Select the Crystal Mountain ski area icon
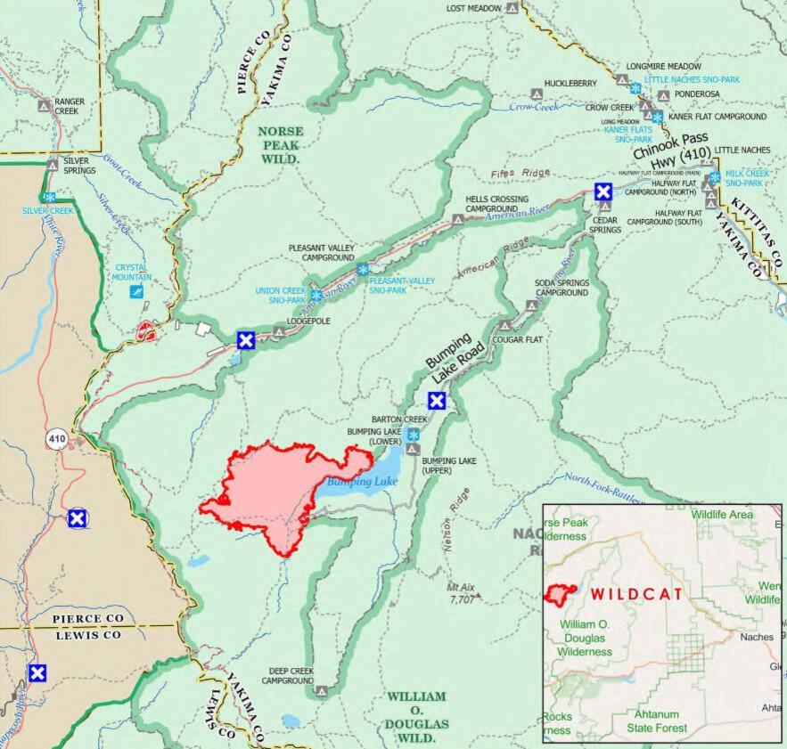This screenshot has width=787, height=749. coord(135,293)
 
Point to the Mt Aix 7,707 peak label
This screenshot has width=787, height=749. coord(461,593)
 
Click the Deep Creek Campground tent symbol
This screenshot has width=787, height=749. coord(322,690)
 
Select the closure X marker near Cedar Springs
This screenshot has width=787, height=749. coord(603,191)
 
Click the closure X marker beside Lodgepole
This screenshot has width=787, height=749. coord(247,339)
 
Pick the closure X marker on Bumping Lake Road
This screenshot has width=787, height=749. coord(437,401)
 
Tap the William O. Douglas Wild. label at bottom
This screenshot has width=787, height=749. coord(418,716)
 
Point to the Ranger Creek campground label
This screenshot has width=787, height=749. coord(70,106)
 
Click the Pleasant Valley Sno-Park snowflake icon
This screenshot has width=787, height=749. coord(363,269)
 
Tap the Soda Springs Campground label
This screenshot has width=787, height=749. coord(561,288)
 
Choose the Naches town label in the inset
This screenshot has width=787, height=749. coord(755,637)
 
